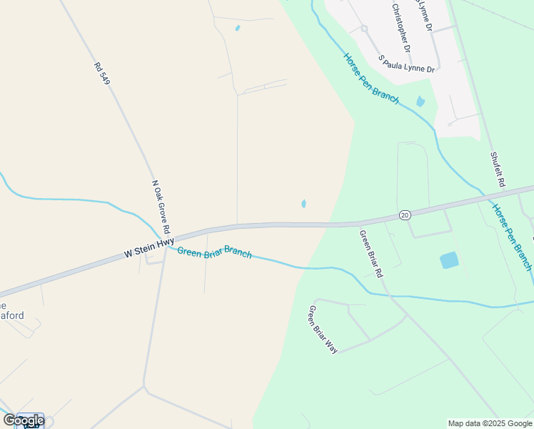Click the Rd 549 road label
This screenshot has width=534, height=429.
pos(101,74)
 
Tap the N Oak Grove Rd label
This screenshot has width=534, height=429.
pos(161,207)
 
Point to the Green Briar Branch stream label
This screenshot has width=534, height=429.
pos(214,252)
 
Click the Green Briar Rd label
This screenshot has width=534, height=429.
pos(371,254)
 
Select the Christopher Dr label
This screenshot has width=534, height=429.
pos(401,28)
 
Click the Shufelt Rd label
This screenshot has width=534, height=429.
pos(498,169)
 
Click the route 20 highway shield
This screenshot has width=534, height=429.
pos(405,214)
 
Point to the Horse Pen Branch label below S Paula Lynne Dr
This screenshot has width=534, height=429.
pos(370,79)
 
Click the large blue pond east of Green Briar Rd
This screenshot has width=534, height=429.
pos(449,260)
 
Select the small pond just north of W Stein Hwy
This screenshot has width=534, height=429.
pos(303,204)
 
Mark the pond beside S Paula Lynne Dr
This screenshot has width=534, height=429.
pos(420,102)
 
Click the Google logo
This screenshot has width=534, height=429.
pos(24,420)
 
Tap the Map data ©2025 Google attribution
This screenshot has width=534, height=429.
pos(490,423)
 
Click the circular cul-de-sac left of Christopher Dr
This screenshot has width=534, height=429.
pos(363,29)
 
